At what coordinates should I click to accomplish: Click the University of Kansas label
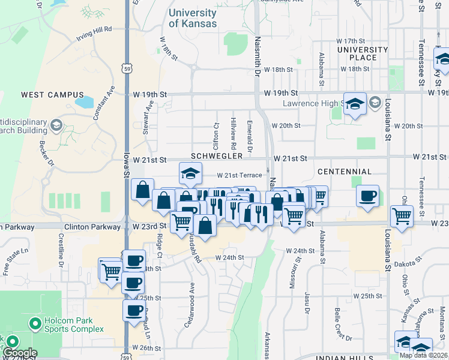coord(193,19)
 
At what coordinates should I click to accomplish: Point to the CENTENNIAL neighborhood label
coord(345,172)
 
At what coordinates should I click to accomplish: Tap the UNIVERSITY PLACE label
coord(363,53)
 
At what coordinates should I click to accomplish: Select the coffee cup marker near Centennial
coord(367,196)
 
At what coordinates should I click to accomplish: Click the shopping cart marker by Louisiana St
coord(401,216)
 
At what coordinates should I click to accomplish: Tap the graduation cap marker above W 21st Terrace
coord(190,174)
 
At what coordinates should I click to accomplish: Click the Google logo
coord(19,353)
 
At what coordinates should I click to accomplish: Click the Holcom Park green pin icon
coord(34,325)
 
